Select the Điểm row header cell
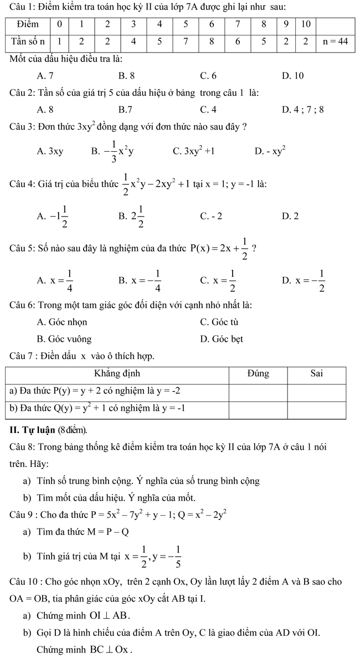pos(27,25)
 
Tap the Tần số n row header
pos(27,42)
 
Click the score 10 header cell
pos(306,25)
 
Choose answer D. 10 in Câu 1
pos(292,75)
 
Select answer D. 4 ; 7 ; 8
pos(302,109)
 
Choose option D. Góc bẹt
pos(222,339)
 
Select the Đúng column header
pos(258,374)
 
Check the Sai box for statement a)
pos(317,391)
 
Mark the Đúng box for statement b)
pos(258,409)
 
